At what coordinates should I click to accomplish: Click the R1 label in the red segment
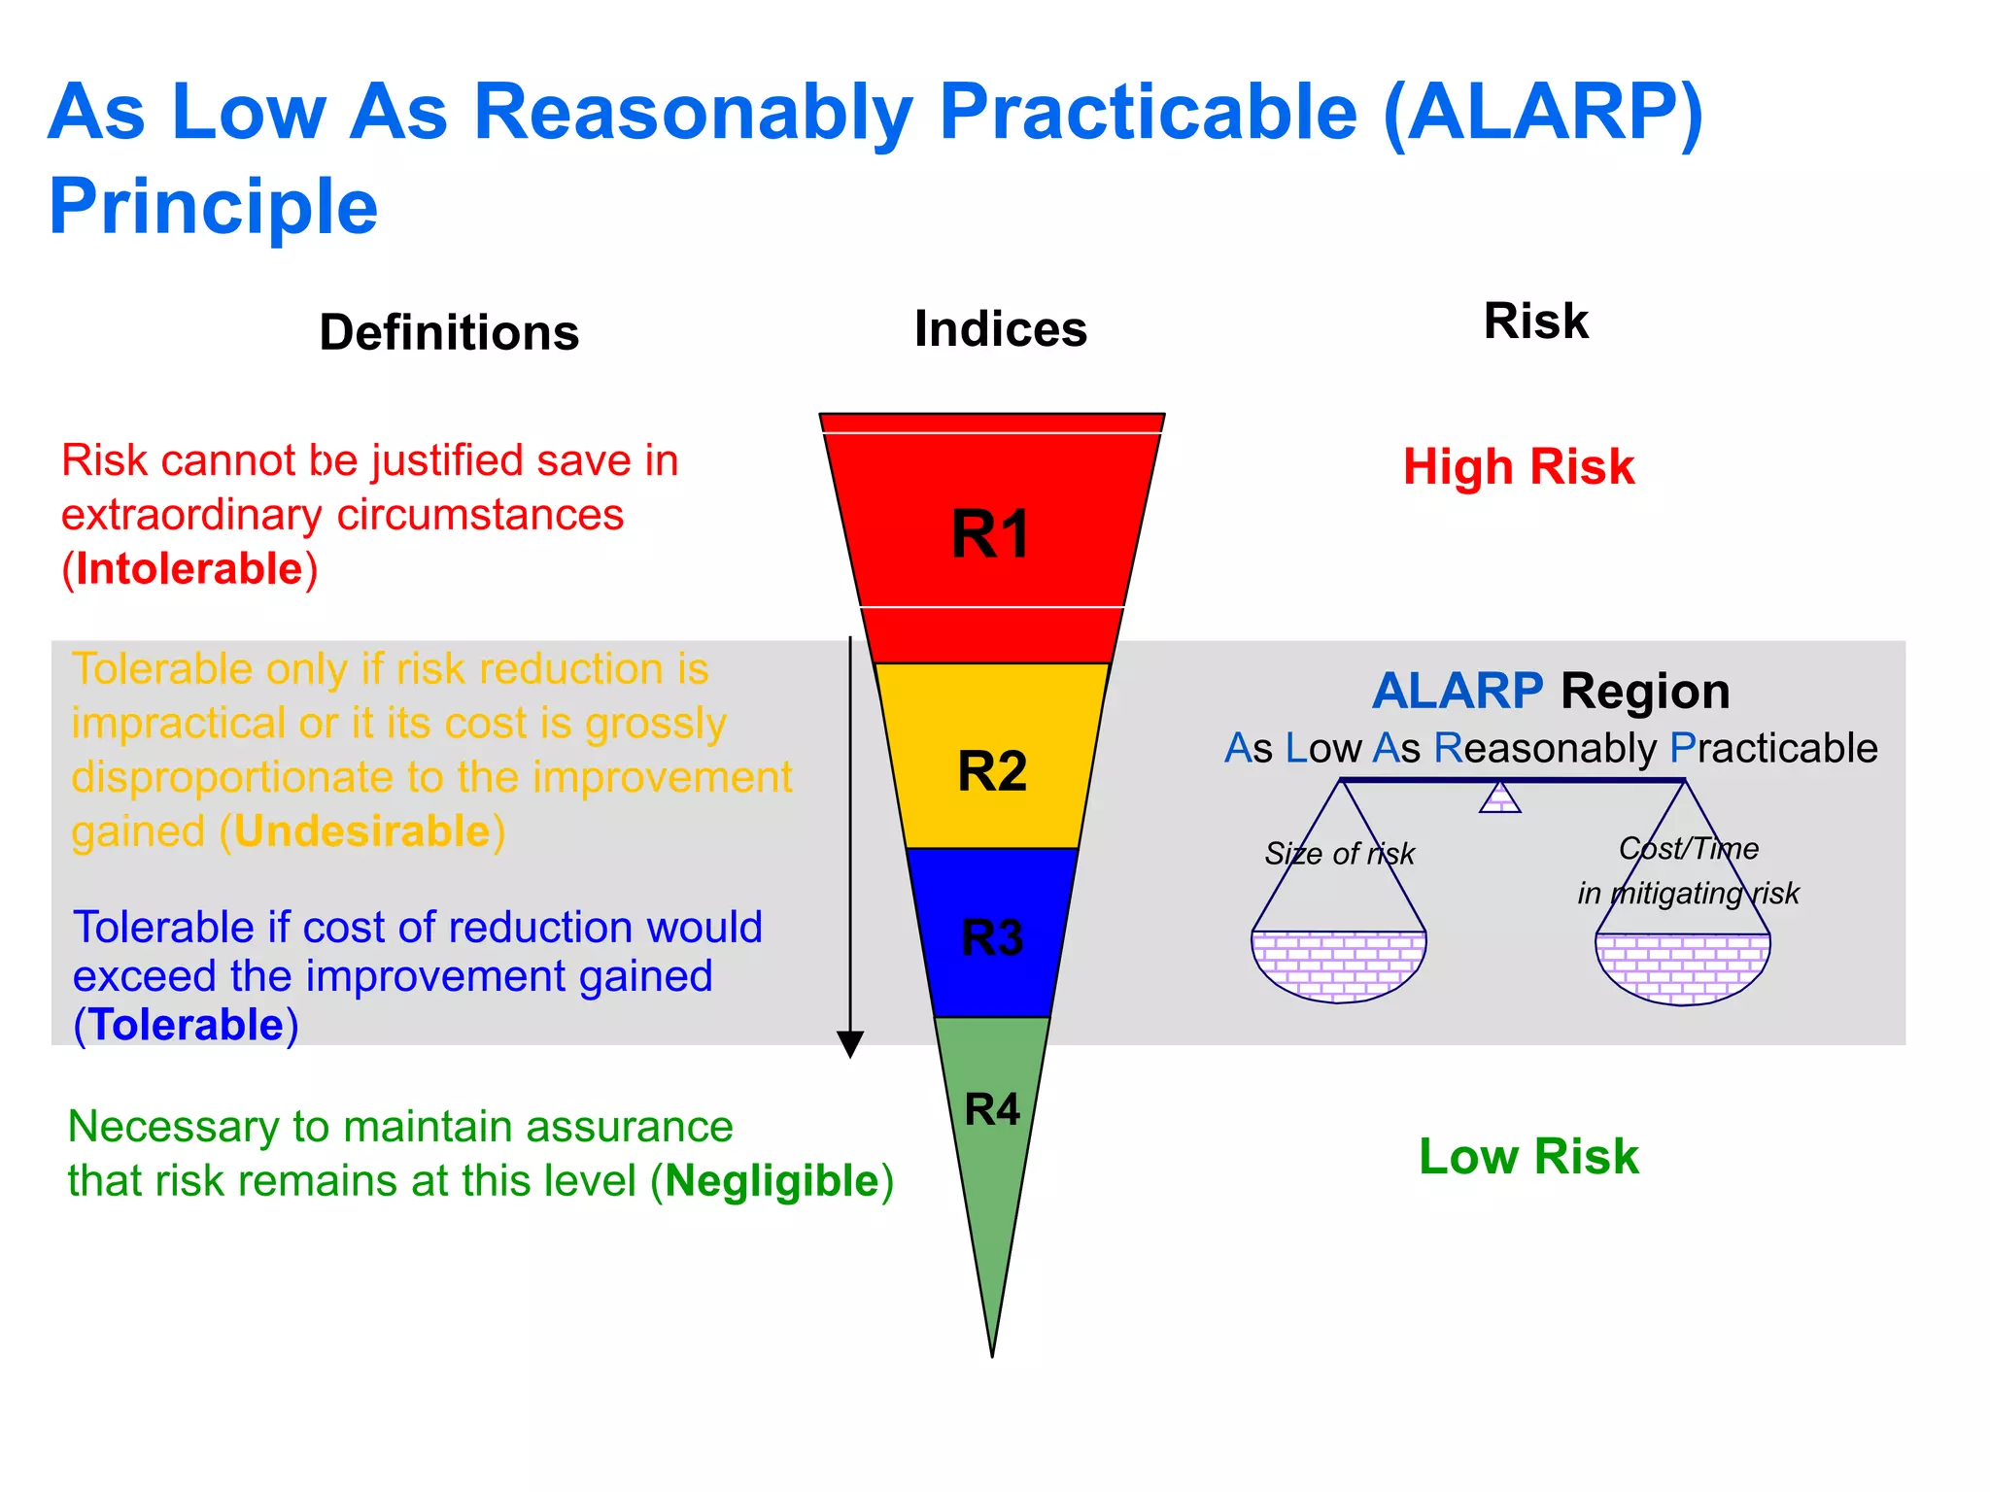coord(990,534)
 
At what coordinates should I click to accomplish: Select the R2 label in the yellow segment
coord(992,771)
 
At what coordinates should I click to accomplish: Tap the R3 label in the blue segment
coord(992,938)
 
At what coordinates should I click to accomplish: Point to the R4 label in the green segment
coord(992,1109)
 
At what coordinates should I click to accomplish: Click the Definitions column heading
coord(449,332)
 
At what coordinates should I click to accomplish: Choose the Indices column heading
coord(1000,329)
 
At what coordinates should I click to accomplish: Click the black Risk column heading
coord(1535,322)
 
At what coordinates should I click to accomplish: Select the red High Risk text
coord(1518,467)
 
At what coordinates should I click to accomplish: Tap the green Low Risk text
coord(1527,1157)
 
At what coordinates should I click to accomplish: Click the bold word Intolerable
coord(189,569)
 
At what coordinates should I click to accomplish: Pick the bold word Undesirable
coord(362,831)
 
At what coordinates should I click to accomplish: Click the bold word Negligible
coord(772,1181)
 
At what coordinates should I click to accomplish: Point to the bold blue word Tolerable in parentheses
coord(187,1026)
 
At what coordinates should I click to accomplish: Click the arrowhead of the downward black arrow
coord(850,1044)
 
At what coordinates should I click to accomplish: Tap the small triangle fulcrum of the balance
coord(1499,799)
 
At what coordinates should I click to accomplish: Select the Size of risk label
coord(1339,854)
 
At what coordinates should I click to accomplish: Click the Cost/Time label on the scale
coord(1688,849)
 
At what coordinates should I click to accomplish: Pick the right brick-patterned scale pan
coord(1682,967)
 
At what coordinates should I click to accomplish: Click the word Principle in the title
coord(213,207)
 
